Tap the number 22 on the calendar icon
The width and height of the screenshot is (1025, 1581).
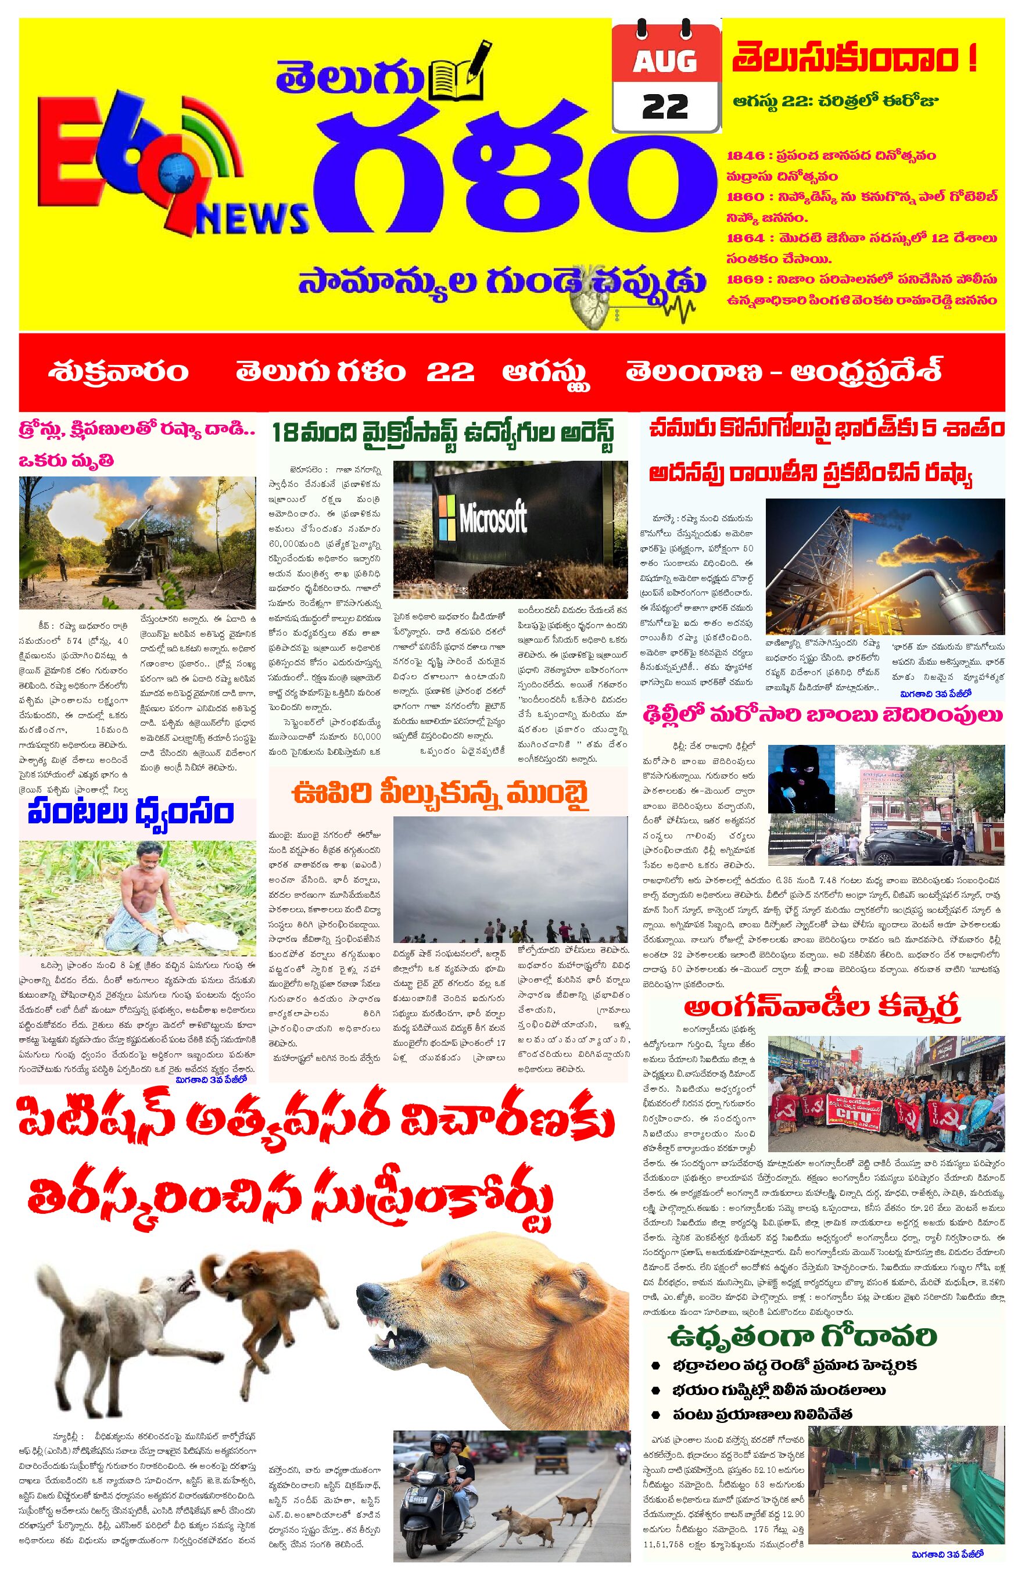pyautogui.click(x=666, y=106)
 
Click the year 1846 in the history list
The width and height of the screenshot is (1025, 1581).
pyautogui.click(x=746, y=156)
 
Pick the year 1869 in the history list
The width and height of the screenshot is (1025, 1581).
pyautogui.click(x=746, y=279)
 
